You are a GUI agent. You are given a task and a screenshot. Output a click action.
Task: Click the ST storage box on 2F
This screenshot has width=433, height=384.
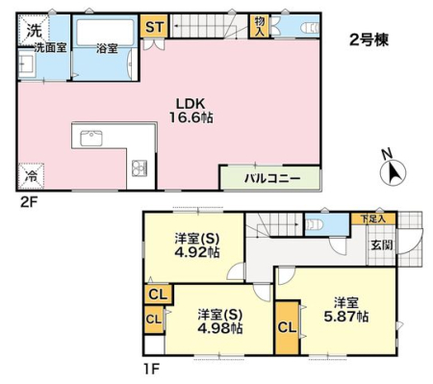pos(154,26)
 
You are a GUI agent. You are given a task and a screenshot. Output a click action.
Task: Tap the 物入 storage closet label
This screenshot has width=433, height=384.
pos(260,26)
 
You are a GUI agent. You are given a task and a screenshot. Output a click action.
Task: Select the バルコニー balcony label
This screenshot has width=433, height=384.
pos(272,178)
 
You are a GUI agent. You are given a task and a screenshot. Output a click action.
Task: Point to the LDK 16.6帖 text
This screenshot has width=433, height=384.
pos(191,111)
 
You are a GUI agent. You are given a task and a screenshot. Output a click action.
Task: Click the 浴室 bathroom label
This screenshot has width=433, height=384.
pos(107,49)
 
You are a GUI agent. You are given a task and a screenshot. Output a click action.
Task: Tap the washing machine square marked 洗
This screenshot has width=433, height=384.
pos(34,31)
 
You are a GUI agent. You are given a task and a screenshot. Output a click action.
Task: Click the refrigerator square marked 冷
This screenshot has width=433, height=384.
pos(31,176)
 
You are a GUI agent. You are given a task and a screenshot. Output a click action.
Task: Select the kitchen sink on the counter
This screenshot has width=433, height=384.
pos(91,139)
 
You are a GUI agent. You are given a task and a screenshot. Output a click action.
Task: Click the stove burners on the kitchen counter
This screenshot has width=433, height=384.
pos(140,167)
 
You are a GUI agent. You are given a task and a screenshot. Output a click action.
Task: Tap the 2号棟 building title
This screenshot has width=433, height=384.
pos(369,40)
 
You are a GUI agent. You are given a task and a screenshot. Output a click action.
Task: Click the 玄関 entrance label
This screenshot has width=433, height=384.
pos(382,244)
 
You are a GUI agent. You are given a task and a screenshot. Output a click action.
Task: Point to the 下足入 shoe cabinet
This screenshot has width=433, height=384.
pos(373,219)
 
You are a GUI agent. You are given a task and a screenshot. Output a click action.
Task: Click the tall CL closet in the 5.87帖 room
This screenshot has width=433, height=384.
pos(287,327)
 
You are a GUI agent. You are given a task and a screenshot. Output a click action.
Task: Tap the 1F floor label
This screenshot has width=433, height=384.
pos(150,369)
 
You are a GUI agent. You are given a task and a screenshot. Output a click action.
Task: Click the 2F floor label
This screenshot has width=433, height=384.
pos(29,202)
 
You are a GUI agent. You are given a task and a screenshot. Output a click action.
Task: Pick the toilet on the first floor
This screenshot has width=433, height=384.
pos(312,224)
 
